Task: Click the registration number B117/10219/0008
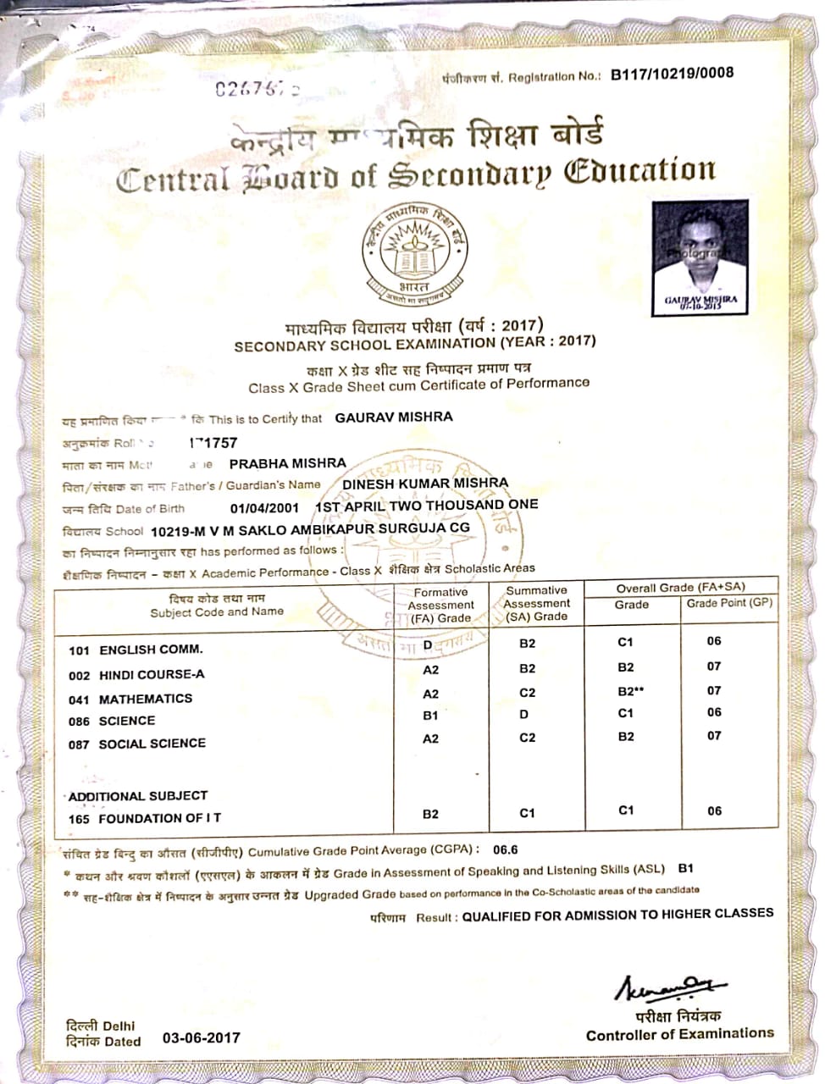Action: click(x=672, y=74)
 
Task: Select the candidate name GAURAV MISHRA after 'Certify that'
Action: click(x=394, y=417)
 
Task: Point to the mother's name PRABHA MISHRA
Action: click(x=288, y=463)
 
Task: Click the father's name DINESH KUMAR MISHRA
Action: click(x=425, y=483)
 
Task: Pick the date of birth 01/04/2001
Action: click(x=264, y=508)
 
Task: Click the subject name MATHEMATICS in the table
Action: click(x=146, y=699)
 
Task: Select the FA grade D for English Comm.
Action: click(x=427, y=645)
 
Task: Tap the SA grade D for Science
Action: click(x=524, y=715)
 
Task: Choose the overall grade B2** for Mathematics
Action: click(x=631, y=691)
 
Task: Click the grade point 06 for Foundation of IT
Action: click(x=714, y=810)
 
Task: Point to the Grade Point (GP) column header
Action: click(x=728, y=603)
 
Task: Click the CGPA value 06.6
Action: click(x=505, y=849)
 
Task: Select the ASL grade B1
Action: click(x=686, y=868)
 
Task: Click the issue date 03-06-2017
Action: click(x=202, y=1037)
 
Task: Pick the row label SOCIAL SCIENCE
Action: click(x=152, y=744)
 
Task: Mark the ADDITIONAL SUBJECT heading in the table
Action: click(x=138, y=796)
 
